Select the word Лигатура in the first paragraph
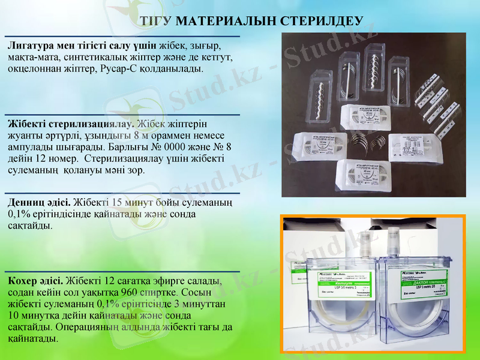(x=29, y=46)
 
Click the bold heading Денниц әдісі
(x=38, y=203)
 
